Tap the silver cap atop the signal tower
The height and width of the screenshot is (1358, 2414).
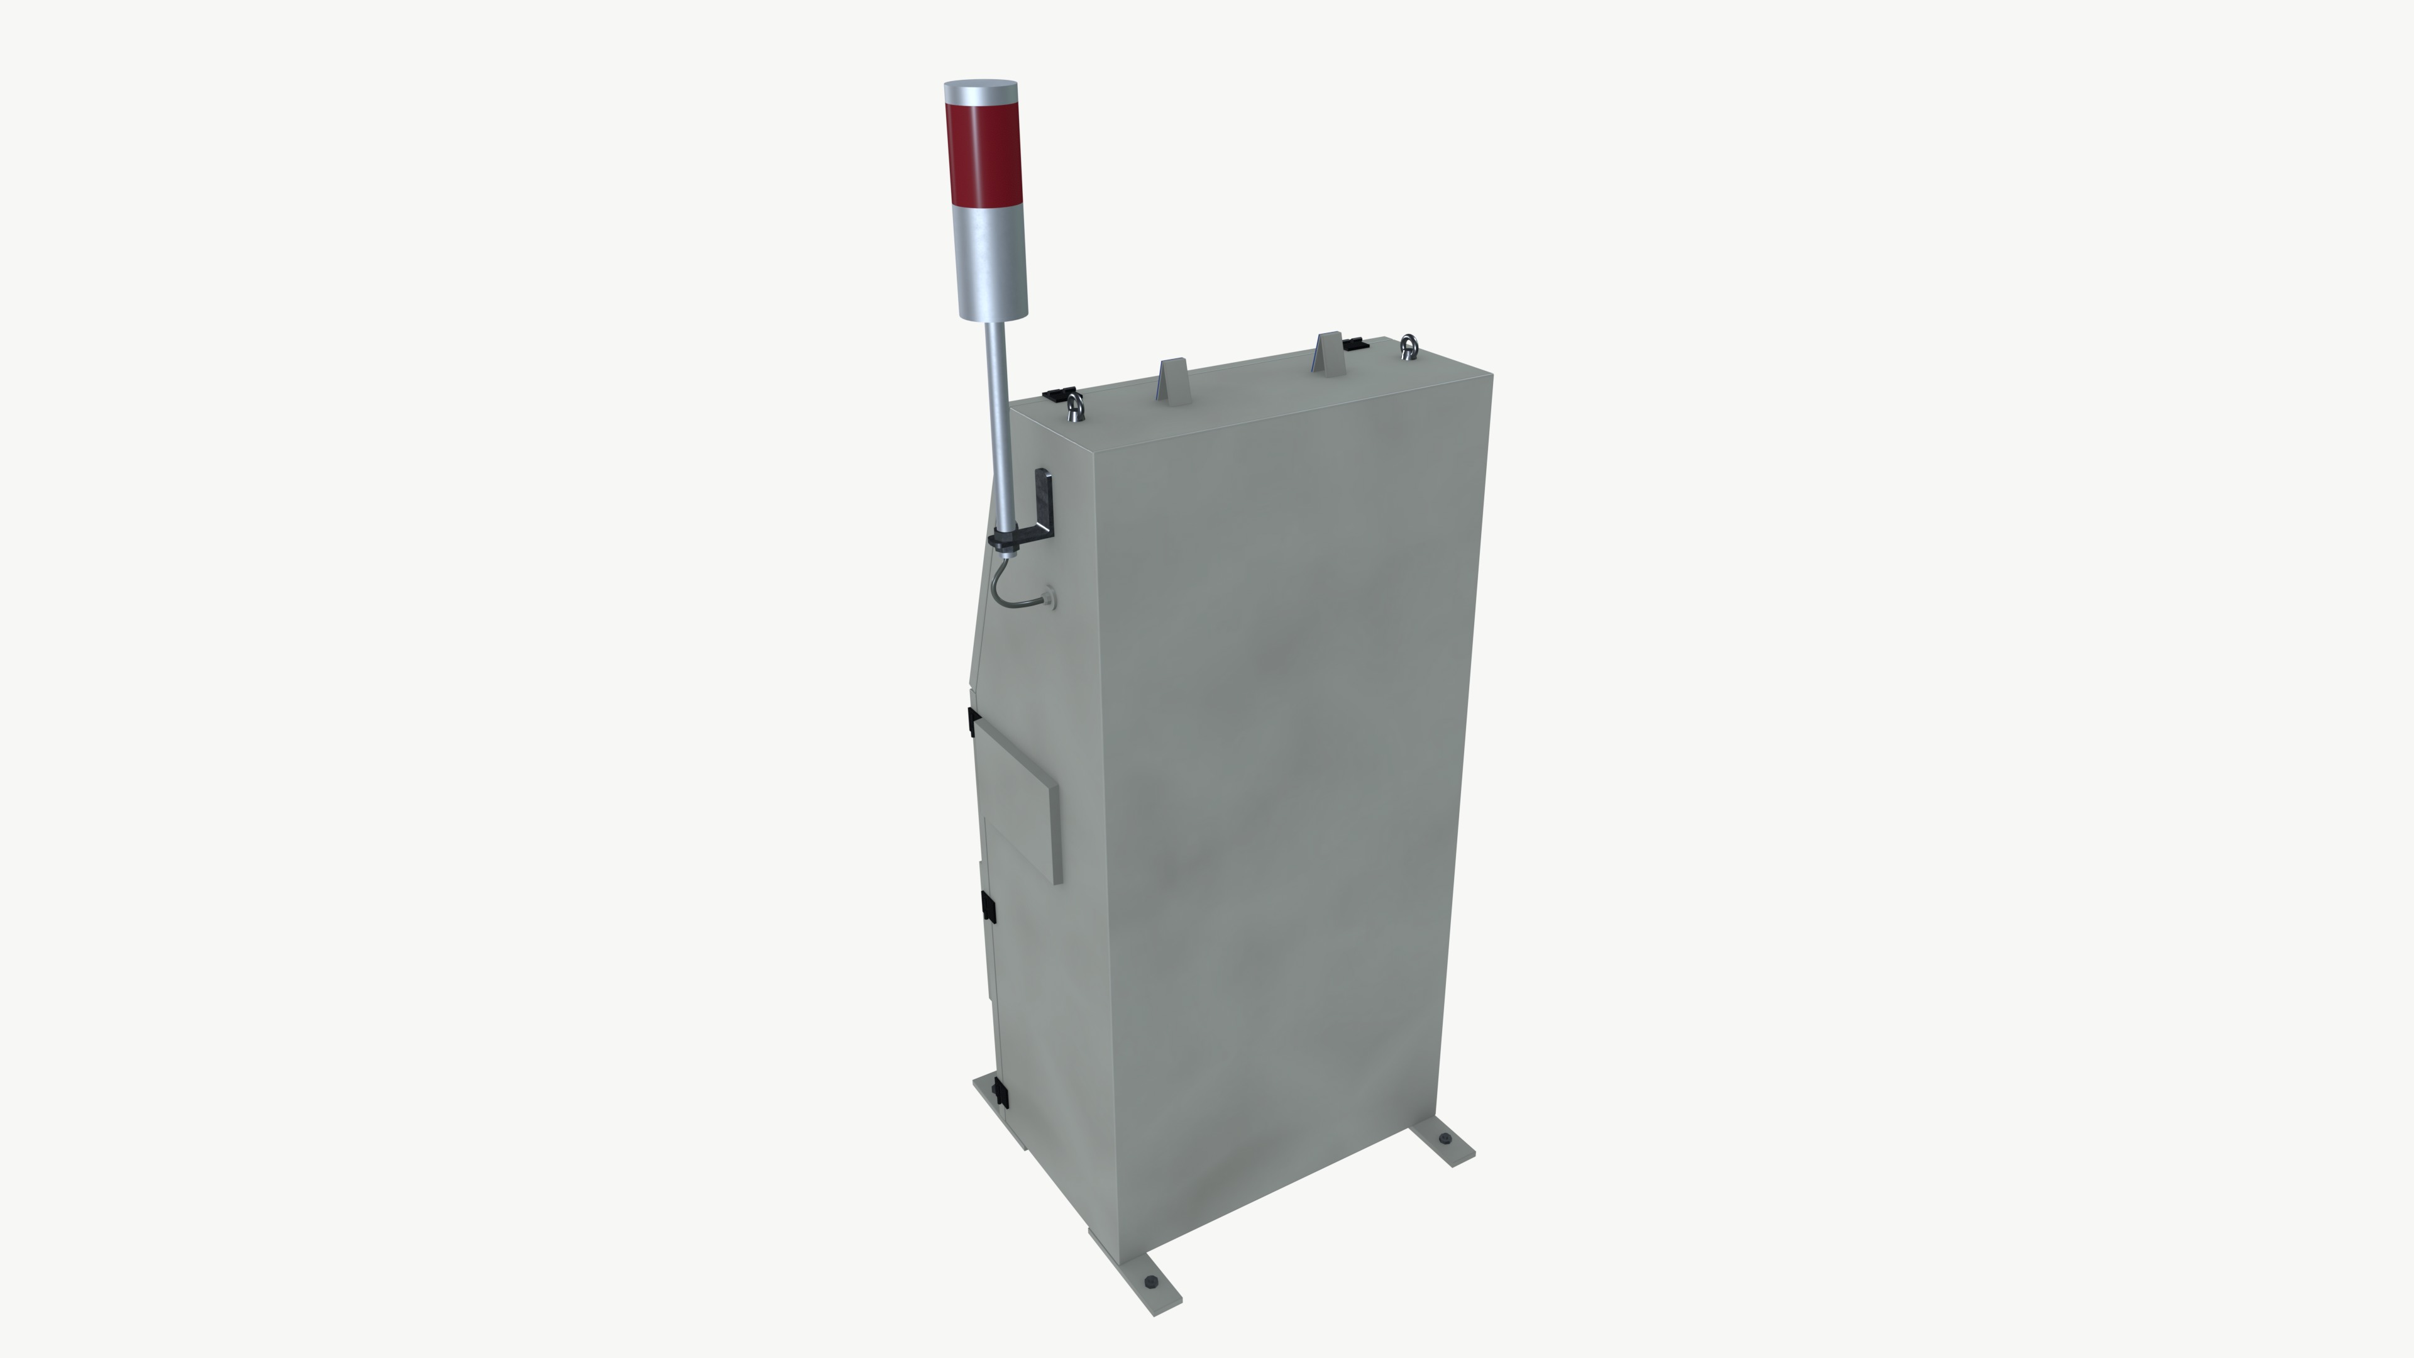pos(980,92)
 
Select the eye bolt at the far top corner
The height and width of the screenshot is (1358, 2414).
pos(1408,347)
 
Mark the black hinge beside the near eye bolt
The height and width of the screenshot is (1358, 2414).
pos(1057,394)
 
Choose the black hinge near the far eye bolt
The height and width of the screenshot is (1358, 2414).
pos(1355,345)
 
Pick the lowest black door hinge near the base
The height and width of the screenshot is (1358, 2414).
pos(1001,1092)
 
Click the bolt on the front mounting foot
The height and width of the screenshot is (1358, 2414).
pos(1151,1282)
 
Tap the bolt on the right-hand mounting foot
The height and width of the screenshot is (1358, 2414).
pos(1444,1139)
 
